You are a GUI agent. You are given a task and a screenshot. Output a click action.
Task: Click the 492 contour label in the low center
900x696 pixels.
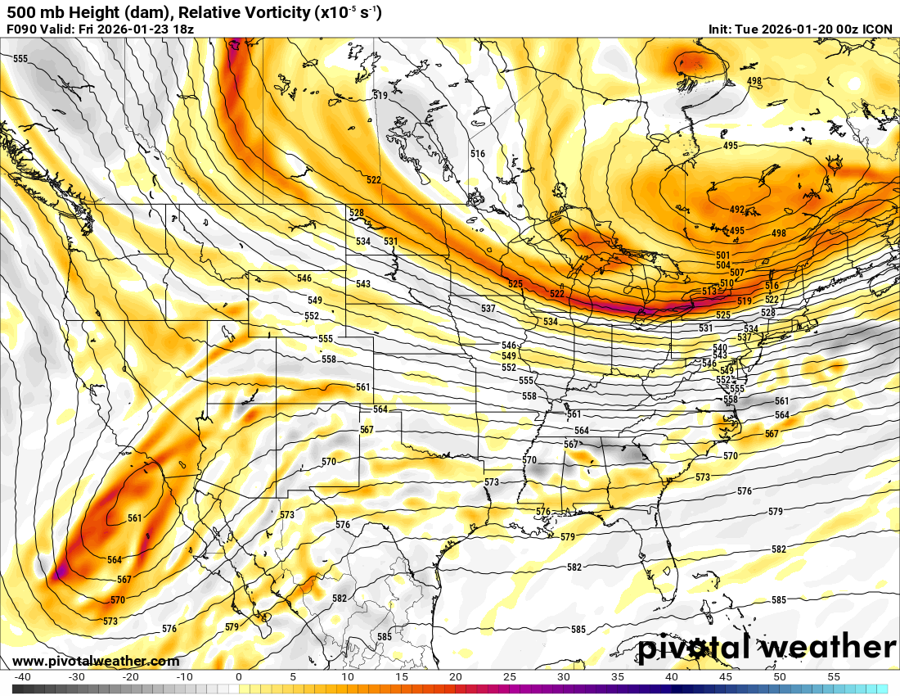737,210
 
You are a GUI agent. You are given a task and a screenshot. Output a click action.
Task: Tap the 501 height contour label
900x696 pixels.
722,255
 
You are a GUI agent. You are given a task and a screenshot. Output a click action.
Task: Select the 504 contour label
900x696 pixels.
722,265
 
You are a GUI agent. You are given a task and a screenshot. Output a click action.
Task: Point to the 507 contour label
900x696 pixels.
737,273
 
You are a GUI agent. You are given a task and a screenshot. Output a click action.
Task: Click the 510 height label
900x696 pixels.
725,283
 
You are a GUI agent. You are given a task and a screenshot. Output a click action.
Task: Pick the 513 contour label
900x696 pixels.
709,292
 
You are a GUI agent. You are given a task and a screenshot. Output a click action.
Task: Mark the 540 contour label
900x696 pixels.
720,348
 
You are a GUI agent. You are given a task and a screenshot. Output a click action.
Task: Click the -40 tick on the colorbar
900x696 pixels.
23,677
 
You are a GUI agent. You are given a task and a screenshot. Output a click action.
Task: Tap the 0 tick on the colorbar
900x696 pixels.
238,677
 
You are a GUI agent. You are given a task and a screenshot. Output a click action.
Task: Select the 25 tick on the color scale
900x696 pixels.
510,677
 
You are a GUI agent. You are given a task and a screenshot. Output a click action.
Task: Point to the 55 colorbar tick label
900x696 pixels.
835,677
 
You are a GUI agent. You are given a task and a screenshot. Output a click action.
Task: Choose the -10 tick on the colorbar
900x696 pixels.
185,677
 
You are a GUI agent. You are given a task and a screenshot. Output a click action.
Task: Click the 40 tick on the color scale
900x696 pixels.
672,677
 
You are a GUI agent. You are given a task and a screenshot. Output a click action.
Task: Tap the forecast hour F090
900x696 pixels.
22,29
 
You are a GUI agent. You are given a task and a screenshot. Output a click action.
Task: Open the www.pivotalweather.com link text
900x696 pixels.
96,662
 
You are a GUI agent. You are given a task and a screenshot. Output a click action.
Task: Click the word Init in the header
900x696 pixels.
721,29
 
